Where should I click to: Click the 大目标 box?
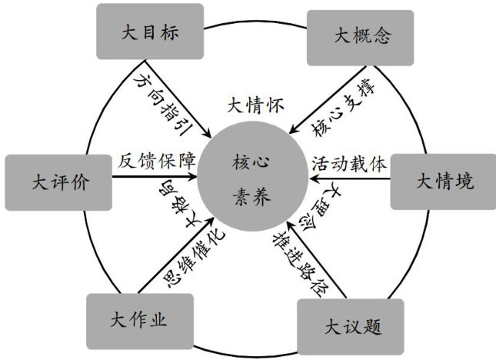coord(149,32)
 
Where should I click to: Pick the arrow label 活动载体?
coord(348,164)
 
